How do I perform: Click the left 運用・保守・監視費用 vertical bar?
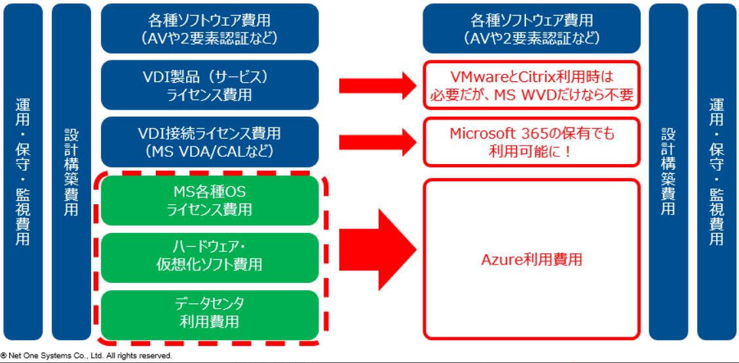(x=23, y=172)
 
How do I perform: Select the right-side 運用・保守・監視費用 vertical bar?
(x=716, y=172)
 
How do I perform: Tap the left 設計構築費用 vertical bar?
(x=71, y=172)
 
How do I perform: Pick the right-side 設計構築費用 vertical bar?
(x=668, y=172)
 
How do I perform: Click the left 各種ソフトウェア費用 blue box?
(x=210, y=28)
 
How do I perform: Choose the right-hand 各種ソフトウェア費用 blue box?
(x=531, y=28)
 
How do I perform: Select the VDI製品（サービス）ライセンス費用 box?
(x=210, y=85)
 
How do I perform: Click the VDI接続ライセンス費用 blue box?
(x=210, y=142)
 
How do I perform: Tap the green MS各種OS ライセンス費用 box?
(x=210, y=201)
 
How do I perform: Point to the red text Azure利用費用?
(x=531, y=259)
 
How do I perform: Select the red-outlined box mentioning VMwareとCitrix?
(x=531, y=85)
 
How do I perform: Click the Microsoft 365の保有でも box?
(x=531, y=142)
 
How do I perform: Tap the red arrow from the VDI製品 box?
(x=377, y=85)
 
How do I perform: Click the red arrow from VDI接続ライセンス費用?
(x=377, y=142)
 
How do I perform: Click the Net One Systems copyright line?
(x=86, y=355)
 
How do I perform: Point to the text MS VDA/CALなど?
(x=210, y=150)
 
